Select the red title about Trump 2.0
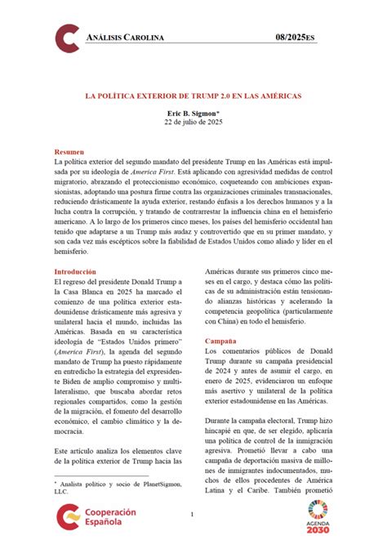click(193, 95)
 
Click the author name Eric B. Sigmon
click(193, 114)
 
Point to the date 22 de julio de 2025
click(193, 123)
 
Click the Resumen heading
click(69, 153)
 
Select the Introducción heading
click(75, 271)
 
